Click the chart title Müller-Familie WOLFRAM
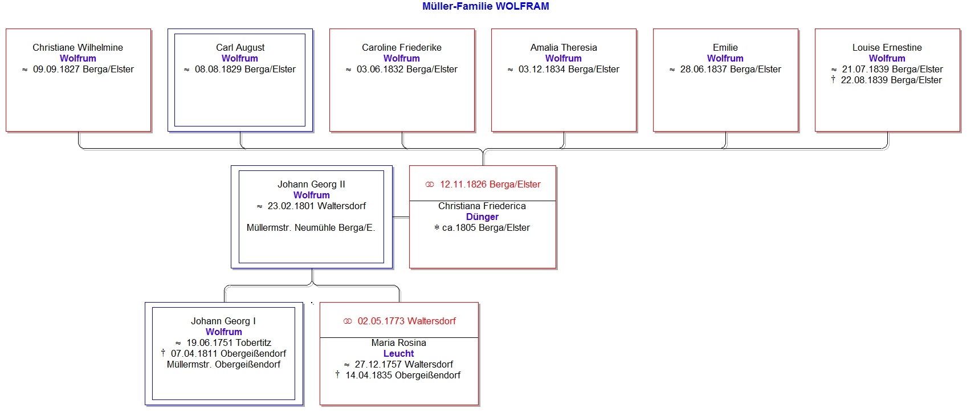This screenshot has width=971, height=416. (486, 6)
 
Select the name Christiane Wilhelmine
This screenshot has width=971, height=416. (77, 47)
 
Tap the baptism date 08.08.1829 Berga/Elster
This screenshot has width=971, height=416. (245, 69)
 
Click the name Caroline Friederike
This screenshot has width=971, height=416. (401, 47)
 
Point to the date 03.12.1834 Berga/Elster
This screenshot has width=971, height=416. (569, 69)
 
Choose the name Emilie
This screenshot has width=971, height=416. (725, 47)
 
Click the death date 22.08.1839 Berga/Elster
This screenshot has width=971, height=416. (891, 80)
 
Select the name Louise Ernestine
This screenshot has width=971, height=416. (887, 47)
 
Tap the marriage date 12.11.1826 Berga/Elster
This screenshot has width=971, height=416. (490, 184)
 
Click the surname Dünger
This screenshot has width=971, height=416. (482, 217)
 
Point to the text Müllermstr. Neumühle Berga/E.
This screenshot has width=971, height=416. (311, 227)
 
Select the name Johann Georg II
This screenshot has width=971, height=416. (311, 184)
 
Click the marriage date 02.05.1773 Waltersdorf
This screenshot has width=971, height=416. (406, 321)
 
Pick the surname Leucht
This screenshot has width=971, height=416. (398, 353)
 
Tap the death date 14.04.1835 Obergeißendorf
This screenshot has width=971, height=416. (403, 375)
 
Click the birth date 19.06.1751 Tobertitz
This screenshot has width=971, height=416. (229, 342)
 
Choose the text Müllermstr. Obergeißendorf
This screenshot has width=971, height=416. (223, 364)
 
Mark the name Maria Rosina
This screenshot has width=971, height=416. (398, 342)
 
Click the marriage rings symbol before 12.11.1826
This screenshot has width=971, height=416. (430, 184)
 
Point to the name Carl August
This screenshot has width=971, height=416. (240, 47)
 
